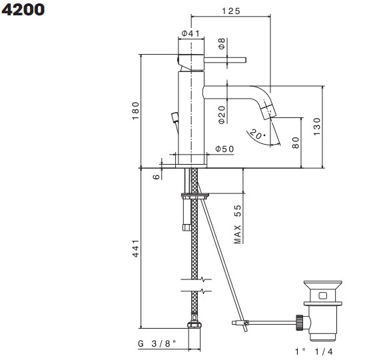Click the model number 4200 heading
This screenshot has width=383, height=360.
(x=23, y=10)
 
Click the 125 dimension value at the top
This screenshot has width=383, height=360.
(x=231, y=11)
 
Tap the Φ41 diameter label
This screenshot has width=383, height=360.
(x=191, y=33)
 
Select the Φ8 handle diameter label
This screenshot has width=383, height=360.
(x=222, y=43)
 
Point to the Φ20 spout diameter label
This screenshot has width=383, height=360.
(x=222, y=115)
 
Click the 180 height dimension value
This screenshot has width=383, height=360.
(x=135, y=111)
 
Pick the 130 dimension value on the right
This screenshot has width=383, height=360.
(x=316, y=127)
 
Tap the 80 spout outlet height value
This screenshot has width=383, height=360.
(x=295, y=143)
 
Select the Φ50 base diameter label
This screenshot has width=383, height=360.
(x=224, y=149)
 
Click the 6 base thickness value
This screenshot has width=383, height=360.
(x=157, y=177)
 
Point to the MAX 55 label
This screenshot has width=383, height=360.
(x=237, y=225)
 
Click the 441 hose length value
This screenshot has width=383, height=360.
(x=135, y=248)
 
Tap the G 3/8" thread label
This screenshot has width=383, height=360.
(x=157, y=343)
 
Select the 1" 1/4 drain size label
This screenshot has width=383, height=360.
(x=314, y=351)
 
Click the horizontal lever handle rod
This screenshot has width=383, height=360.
(x=225, y=60)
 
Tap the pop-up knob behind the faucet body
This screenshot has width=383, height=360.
(x=175, y=117)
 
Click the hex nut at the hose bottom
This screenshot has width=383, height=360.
(x=194, y=325)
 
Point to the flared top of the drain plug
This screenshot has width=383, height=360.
(x=322, y=284)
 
